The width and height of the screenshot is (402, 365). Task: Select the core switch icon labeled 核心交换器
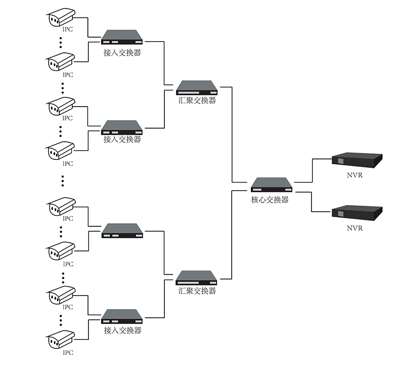(272, 185)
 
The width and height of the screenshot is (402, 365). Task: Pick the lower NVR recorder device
(357, 212)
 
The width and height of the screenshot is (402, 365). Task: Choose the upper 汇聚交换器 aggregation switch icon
(197, 88)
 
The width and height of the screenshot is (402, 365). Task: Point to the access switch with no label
(122, 231)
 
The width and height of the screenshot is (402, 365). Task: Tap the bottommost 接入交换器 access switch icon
(122, 317)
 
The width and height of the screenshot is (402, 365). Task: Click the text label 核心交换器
(270, 200)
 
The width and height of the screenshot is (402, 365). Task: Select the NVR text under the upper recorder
(355, 176)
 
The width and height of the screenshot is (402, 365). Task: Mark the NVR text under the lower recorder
(355, 228)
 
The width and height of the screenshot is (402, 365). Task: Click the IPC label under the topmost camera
(67, 30)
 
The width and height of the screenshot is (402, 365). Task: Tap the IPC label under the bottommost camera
(67, 352)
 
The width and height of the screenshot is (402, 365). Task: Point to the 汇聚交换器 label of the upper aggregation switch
(197, 101)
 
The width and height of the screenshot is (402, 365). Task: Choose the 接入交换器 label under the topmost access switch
(122, 52)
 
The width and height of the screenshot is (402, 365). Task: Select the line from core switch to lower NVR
(312, 201)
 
